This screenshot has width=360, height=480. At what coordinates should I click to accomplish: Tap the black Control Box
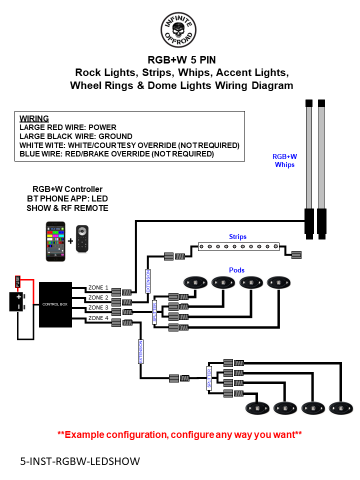coord(55,304)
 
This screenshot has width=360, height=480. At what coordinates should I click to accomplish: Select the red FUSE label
coord(18,281)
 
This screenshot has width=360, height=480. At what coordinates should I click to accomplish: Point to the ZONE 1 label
coord(98,287)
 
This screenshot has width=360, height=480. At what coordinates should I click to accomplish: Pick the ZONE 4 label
coord(98,318)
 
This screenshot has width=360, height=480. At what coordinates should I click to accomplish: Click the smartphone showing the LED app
coord(55,241)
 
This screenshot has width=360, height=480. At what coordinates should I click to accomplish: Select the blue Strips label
coord(237,236)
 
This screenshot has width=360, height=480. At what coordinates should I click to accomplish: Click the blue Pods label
coord(237,270)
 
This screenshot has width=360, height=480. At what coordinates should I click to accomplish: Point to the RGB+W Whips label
coord(284,160)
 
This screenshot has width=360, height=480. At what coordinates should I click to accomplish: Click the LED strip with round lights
coord(238,246)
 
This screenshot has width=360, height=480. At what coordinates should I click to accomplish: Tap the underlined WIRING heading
coord(34,118)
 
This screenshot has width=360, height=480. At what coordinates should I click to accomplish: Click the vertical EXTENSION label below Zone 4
coord(141,351)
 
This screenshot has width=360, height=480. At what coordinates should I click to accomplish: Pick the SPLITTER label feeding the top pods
coord(154,312)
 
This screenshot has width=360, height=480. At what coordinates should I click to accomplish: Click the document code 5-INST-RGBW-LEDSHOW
coord(80,460)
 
